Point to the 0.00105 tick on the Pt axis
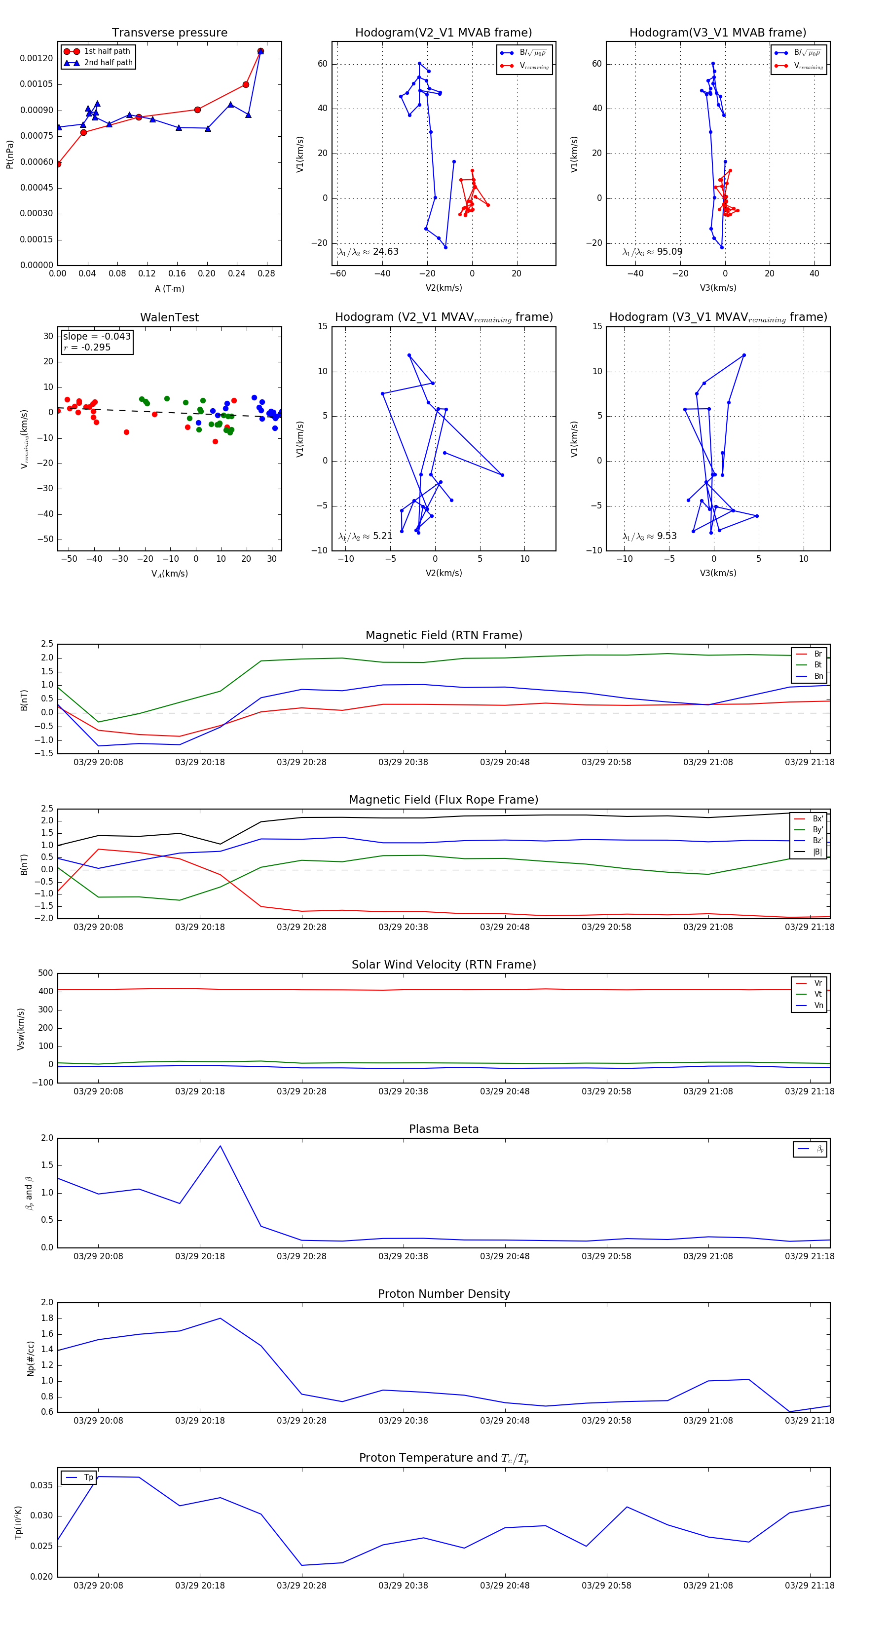(x=37, y=84)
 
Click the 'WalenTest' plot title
(x=169, y=317)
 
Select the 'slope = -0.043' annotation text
(x=97, y=337)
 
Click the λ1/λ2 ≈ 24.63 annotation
(x=369, y=252)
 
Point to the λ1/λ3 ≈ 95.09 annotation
(x=652, y=252)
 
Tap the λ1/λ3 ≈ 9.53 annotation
(x=649, y=536)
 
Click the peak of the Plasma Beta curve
(x=220, y=1146)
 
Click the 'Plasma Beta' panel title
(x=444, y=1129)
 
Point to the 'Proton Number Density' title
(x=444, y=1294)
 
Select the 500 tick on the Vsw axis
(x=45, y=973)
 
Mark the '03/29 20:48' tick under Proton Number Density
(x=504, y=1421)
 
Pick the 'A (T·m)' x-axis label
(x=169, y=288)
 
